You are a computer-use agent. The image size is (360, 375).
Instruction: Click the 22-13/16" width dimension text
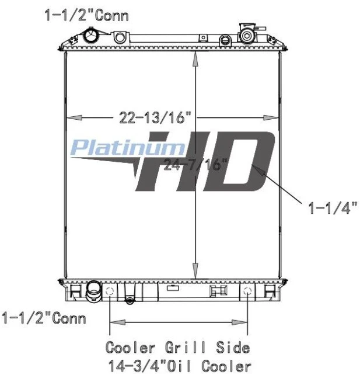point(155,117)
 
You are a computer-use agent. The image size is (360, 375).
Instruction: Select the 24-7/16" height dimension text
point(195,164)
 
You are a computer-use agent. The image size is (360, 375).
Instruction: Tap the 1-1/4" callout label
point(333,207)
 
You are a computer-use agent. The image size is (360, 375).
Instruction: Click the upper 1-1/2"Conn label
point(87,16)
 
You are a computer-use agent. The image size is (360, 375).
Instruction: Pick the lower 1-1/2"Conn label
point(44,318)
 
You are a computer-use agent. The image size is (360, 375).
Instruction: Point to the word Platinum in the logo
point(128,148)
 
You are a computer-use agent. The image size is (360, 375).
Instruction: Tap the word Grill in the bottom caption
point(185,348)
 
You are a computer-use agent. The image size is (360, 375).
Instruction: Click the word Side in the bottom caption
point(233,348)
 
